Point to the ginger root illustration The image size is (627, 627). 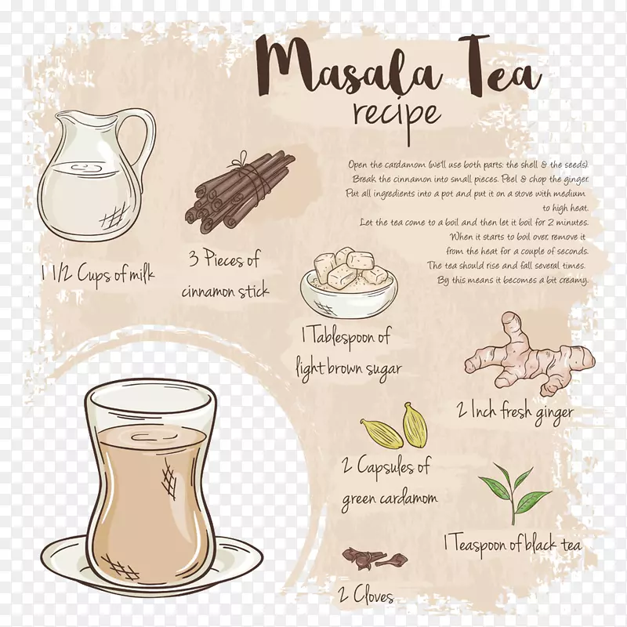pyautogui.click(x=528, y=355)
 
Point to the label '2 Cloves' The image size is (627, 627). pyautogui.click(x=366, y=596)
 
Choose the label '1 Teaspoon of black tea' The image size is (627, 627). pyautogui.click(x=513, y=544)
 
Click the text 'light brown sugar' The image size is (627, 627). pyautogui.click(x=348, y=368)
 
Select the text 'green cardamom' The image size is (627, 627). pyautogui.click(x=389, y=499)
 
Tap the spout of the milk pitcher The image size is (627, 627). pyautogui.click(x=61, y=117)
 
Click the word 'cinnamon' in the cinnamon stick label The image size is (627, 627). pyautogui.click(x=208, y=291)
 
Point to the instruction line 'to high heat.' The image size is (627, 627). pyautogui.click(x=565, y=208)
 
